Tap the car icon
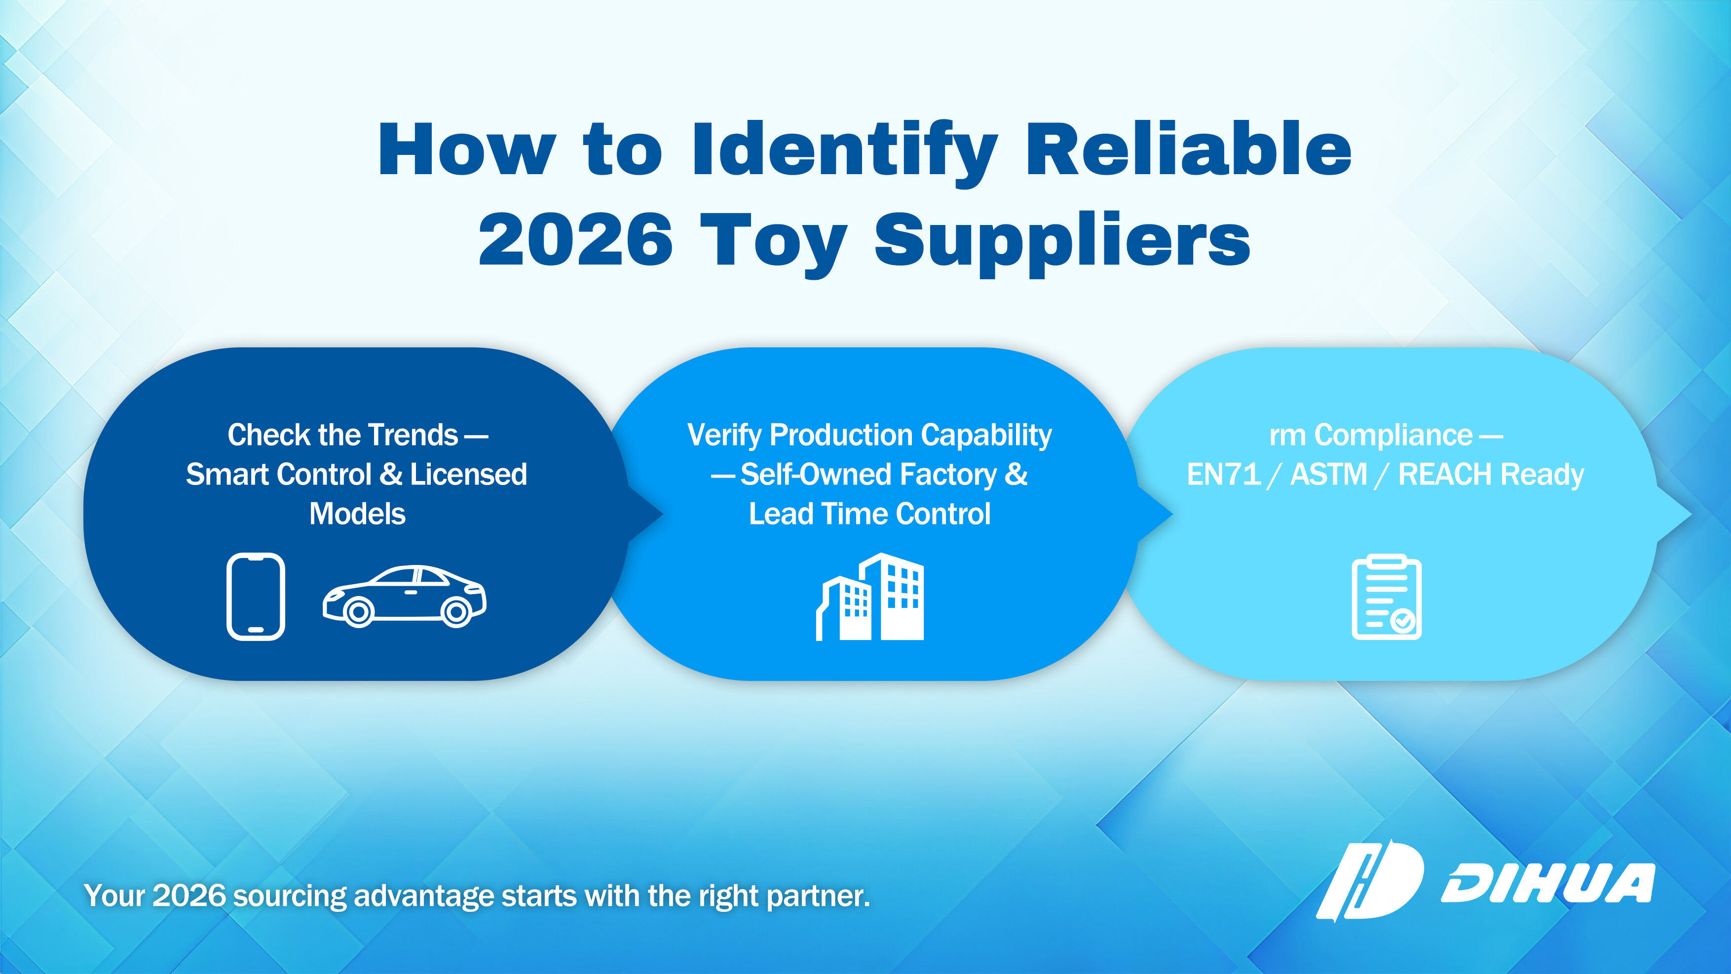[x=405, y=597]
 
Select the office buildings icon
[x=870, y=597]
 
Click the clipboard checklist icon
[x=1386, y=597]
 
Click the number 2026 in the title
[x=575, y=239]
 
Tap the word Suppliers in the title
[x=1062, y=243]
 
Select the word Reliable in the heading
[x=1189, y=149]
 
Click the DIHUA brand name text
[x=1547, y=883]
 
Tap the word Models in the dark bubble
[x=357, y=514]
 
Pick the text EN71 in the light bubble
[x=1224, y=474]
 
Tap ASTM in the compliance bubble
[x=1329, y=474]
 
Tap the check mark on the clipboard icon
[x=1403, y=621]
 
